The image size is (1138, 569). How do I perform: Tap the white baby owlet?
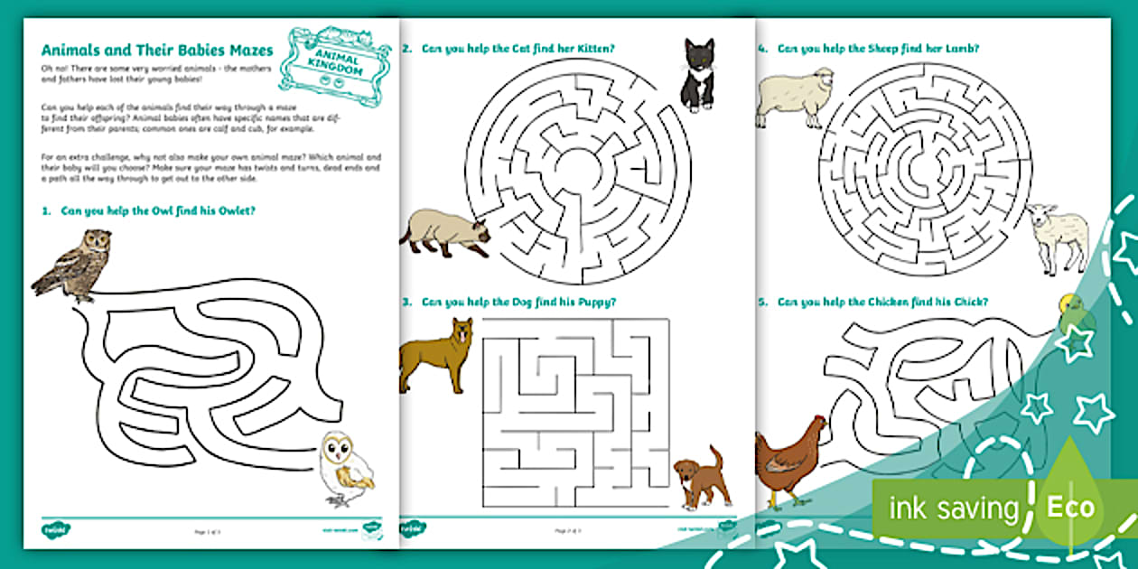[347, 467]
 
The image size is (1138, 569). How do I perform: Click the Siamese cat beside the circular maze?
[444, 234]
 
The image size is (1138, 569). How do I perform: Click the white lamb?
[1059, 237]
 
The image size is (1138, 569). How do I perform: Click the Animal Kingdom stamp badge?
[334, 59]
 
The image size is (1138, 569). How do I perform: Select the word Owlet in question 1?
[234, 211]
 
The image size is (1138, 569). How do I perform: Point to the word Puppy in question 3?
[596, 302]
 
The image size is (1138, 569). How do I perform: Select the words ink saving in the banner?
[954, 508]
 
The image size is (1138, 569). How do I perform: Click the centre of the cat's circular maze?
[578, 170]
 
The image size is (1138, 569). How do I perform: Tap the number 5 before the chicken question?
[763, 302]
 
